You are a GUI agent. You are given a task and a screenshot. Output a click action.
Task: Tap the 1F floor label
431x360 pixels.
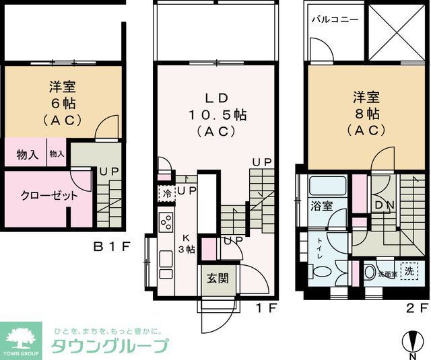[x=265, y=309]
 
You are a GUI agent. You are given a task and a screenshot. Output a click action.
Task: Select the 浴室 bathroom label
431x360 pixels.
[x=321, y=206]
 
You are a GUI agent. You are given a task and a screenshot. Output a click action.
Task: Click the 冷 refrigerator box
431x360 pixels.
[x=166, y=192]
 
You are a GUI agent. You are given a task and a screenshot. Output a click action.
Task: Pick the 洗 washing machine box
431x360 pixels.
[x=407, y=271]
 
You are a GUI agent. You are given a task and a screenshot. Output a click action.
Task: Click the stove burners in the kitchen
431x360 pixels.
[x=166, y=222]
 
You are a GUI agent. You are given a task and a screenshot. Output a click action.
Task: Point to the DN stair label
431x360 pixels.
[x=385, y=205]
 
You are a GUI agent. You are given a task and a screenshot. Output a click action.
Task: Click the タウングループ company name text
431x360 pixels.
[x=110, y=347]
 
